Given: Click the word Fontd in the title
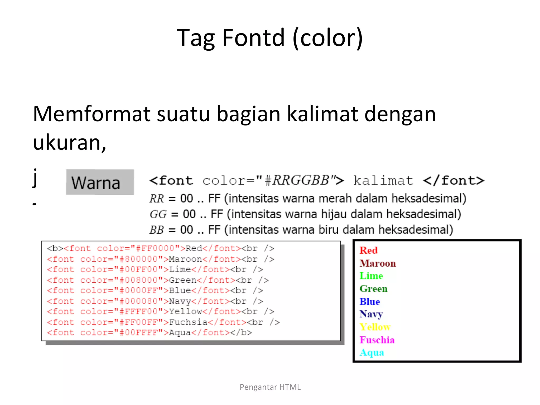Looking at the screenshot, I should point(253,38).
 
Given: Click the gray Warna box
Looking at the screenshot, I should point(100,182).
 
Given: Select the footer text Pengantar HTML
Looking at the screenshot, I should point(270,387).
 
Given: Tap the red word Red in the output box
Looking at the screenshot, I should point(368,250).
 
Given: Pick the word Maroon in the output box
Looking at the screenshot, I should point(378,263).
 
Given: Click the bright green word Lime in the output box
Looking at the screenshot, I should point(371,276).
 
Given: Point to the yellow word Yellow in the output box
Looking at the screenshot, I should point(375,327).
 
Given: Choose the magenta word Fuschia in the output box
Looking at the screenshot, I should point(377,340).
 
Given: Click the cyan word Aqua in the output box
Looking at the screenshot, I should point(372,353).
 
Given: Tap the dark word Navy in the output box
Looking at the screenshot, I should point(371,314).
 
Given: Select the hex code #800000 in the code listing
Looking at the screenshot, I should point(138,259).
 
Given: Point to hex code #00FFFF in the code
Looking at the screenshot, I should point(138,332).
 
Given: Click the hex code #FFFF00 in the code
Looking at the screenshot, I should point(138,312).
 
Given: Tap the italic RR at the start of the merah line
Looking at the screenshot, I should point(157,199).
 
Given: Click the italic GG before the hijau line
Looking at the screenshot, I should point(158,214).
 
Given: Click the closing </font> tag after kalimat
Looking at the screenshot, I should point(454,181).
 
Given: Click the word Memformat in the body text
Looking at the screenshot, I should point(91,114).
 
